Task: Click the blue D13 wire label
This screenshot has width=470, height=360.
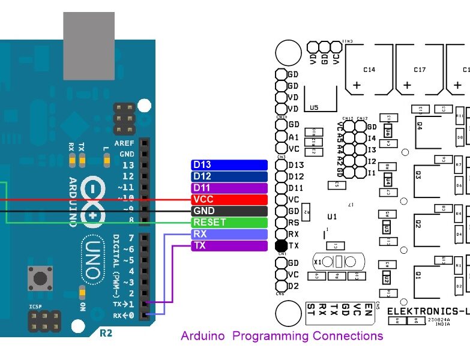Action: [x=229, y=165]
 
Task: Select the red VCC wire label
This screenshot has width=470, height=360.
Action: [x=229, y=200]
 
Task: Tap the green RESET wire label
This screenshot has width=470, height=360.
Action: [x=229, y=223]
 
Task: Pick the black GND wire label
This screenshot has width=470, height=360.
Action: [x=229, y=211]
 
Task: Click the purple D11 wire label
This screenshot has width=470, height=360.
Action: [x=229, y=188]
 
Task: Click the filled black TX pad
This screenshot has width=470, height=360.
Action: [x=281, y=246]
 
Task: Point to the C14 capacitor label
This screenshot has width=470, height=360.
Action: [x=369, y=70]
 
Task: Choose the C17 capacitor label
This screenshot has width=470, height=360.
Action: [x=420, y=70]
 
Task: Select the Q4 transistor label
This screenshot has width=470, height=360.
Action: [x=418, y=127]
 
